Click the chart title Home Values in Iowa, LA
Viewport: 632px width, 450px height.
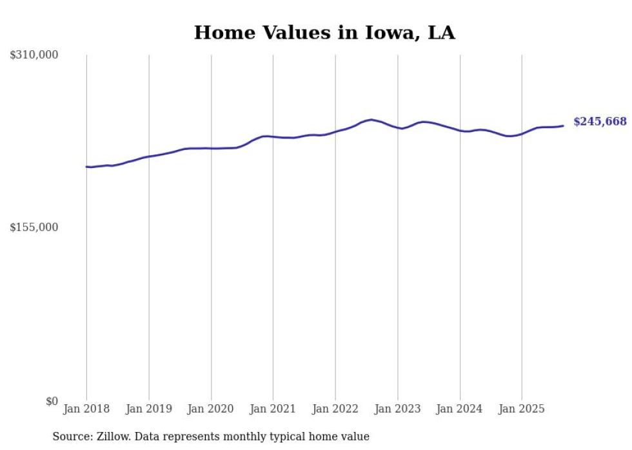[324, 33]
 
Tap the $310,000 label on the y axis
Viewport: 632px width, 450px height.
[34, 55]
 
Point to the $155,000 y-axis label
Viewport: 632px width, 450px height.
[34, 227]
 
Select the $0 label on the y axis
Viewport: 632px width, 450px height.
[52, 401]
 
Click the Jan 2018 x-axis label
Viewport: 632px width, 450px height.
[86, 409]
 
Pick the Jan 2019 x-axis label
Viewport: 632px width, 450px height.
[149, 409]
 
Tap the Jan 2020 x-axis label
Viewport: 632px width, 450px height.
[211, 409]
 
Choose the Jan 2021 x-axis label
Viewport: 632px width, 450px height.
[273, 409]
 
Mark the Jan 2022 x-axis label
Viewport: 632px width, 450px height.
[335, 409]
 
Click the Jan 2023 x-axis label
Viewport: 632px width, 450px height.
[398, 409]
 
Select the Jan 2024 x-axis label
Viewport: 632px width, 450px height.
[460, 409]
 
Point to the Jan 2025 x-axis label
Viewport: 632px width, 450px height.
[522, 409]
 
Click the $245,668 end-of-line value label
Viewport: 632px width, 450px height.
[600, 122]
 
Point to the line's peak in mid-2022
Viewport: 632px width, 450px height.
[371, 120]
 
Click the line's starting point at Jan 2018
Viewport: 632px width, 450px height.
[86, 167]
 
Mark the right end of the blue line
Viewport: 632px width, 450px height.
[564, 126]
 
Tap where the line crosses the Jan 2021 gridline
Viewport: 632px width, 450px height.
[273, 136]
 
